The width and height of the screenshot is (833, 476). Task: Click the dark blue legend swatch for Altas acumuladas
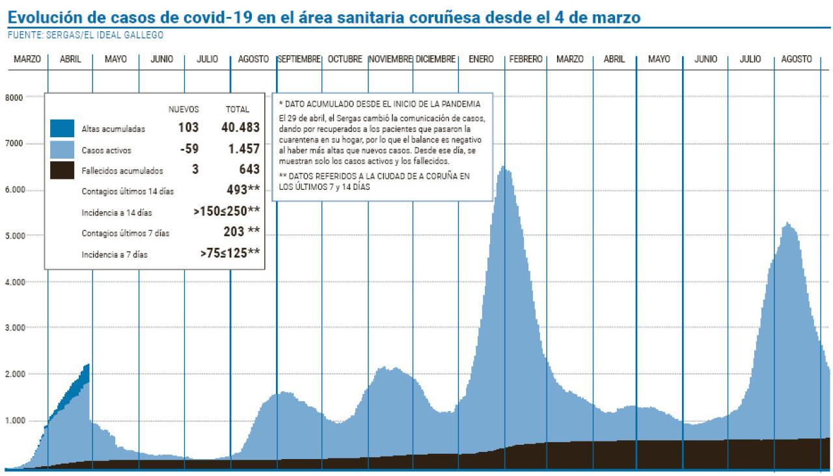pyautogui.click(x=62, y=129)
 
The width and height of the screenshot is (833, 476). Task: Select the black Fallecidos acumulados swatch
pyautogui.click(x=62, y=170)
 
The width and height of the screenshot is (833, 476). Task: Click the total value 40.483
pyautogui.click(x=240, y=127)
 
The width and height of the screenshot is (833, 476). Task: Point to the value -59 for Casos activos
pyautogui.click(x=189, y=149)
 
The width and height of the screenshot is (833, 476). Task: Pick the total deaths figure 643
pyautogui.click(x=249, y=169)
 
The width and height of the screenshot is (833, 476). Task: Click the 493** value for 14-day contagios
pyautogui.click(x=244, y=190)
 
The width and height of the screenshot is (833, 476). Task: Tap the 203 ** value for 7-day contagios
pyautogui.click(x=242, y=231)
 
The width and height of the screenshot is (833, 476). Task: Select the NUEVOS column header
pyautogui.click(x=184, y=109)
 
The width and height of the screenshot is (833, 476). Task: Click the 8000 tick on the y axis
pyautogui.click(x=15, y=98)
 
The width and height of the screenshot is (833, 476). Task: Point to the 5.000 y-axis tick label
pyautogui.click(x=15, y=235)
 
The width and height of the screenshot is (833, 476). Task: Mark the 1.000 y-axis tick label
pyautogui.click(x=15, y=420)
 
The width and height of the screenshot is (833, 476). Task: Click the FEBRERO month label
pyautogui.click(x=526, y=59)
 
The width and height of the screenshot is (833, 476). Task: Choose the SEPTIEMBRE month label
pyautogui.click(x=299, y=59)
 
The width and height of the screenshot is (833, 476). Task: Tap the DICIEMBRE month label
pyautogui.click(x=435, y=59)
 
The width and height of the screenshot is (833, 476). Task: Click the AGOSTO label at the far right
pyautogui.click(x=797, y=59)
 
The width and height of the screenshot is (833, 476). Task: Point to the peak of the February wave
pyautogui.click(x=504, y=167)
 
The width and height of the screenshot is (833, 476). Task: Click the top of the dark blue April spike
pyautogui.click(x=87, y=365)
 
